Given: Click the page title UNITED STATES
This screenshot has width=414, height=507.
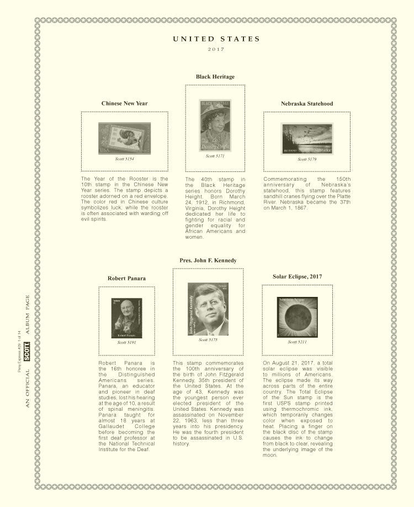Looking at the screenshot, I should [x=216, y=39].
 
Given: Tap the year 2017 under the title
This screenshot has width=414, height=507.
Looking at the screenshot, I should [x=216, y=50].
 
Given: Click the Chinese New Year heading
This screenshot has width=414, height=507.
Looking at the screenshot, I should [x=124, y=103].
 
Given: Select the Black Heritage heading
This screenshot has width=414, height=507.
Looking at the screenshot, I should [x=215, y=76].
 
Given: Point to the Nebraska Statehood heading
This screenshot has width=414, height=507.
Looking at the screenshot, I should [x=307, y=103].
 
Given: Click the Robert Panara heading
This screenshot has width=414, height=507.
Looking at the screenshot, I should [x=126, y=278].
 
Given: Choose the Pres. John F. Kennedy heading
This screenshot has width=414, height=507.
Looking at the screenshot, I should [x=208, y=260].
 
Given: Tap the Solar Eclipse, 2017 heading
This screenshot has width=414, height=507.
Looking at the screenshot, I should [x=297, y=276].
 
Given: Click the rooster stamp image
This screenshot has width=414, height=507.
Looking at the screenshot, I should [x=124, y=138].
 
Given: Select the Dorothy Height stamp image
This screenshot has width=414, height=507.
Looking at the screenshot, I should [x=215, y=125].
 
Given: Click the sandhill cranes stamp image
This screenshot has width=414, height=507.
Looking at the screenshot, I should [x=307, y=138].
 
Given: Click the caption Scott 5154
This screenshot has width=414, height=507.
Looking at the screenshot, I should [x=124, y=159].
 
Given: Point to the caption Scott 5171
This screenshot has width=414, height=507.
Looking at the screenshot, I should [x=215, y=156].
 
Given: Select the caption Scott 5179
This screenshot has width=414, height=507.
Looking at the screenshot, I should [x=307, y=159].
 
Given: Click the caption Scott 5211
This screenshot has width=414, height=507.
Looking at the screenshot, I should [x=297, y=342].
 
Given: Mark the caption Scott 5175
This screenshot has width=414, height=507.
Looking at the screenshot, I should [x=208, y=339].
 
